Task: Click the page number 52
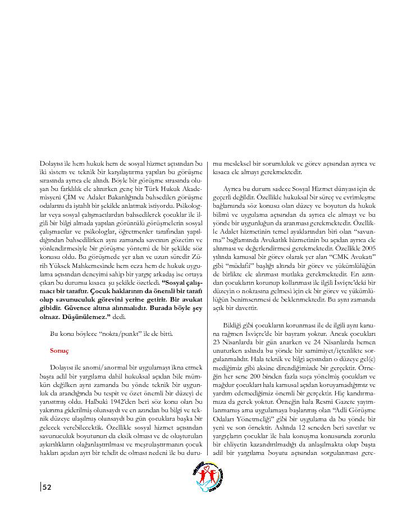click(47, 487)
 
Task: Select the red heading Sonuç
click(59, 350)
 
